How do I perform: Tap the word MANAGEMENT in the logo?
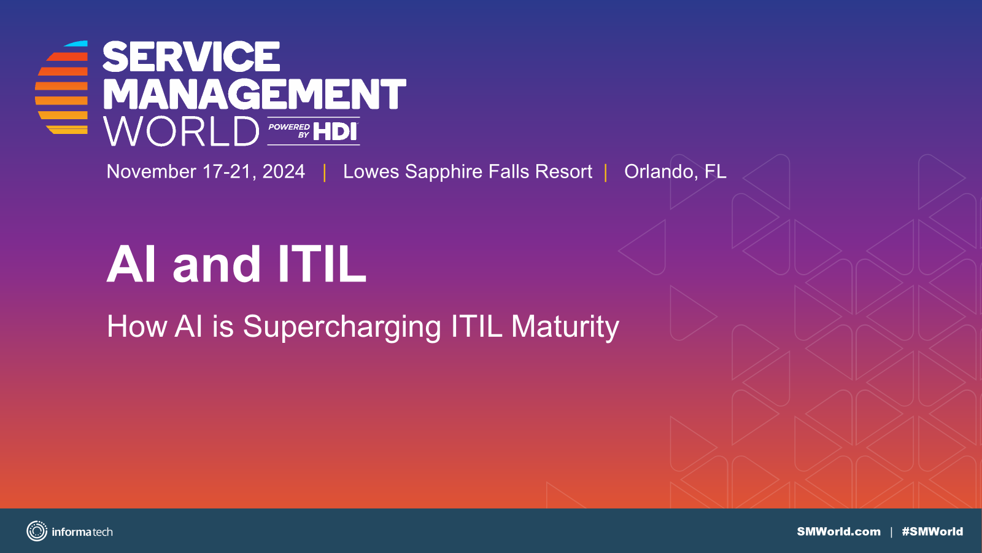[254, 94]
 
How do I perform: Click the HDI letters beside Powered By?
[335, 131]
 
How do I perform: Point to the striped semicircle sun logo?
[61, 87]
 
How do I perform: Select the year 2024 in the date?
[284, 171]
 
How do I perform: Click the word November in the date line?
[151, 171]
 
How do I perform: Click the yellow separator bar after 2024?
[325, 173]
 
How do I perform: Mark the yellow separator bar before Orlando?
[605, 173]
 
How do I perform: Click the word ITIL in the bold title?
[322, 264]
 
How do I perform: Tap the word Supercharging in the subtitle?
[342, 327]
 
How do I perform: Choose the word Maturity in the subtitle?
[565, 327]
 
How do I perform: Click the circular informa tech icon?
[37, 531]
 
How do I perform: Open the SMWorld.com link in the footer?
[838, 531]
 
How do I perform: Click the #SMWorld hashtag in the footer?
[932, 531]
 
